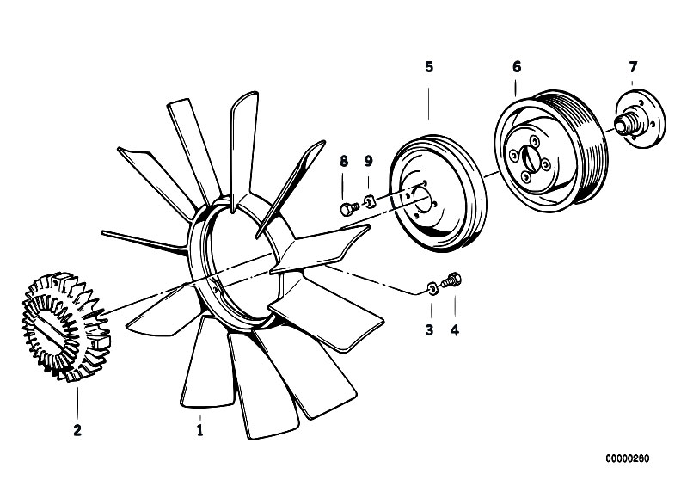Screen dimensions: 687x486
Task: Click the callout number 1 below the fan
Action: (199, 430)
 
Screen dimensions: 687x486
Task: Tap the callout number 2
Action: (77, 430)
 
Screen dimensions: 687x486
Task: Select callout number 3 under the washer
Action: (429, 330)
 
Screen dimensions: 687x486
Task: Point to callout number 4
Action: (455, 330)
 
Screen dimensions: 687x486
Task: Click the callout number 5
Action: (429, 67)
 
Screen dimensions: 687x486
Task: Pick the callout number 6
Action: (517, 67)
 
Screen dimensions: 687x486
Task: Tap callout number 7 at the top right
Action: (633, 67)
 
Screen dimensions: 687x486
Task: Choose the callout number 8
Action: (344, 161)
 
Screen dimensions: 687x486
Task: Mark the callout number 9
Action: (369, 161)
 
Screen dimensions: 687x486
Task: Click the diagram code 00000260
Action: (628, 458)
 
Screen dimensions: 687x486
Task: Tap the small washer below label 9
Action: (370, 201)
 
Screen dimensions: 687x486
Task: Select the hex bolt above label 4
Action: (451, 280)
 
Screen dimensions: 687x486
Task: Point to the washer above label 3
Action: (432, 288)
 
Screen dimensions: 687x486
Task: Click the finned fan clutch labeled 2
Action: (66, 327)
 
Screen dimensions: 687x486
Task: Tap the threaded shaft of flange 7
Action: (624, 122)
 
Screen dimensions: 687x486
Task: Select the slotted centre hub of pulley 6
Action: (529, 159)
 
